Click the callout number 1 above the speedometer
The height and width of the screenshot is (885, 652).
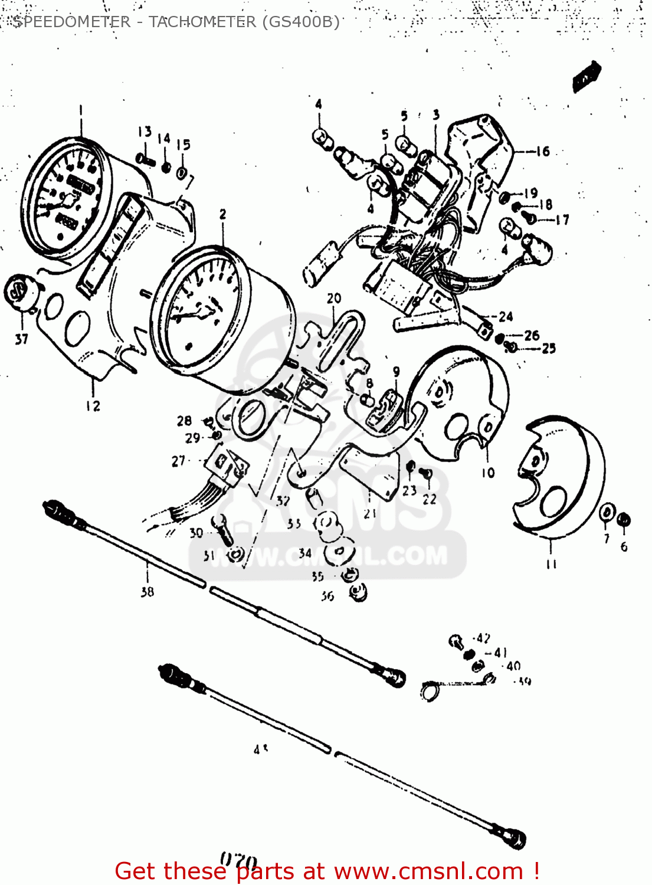pyautogui.click(x=81, y=110)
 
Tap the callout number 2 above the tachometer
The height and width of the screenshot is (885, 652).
pyautogui.click(x=222, y=215)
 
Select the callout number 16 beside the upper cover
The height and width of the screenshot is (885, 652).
pyautogui.click(x=543, y=152)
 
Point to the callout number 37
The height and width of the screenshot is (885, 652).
pyautogui.click(x=22, y=339)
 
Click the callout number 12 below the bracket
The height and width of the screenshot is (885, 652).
pyautogui.click(x=93, y=406)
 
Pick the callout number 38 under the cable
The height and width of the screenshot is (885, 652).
pyautogui.click(x=148, y=591)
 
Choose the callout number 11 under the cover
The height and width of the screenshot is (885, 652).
pyautogui.click(x=551, y=564)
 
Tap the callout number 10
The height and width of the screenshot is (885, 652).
pyautogui.click(x=488, y=473)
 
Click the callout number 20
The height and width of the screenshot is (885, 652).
pyautogui.click(x=334, y=299)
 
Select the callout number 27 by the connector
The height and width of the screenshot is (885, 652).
pyautogui.click(x=178, y=461)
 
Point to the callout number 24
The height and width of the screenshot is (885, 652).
pyautogui.click(x=506, y=317)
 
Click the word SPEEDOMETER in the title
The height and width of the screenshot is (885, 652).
pyautogui.click(x=71, y=22)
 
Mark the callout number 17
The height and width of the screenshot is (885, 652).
pyautogui.click(x=562, y=220)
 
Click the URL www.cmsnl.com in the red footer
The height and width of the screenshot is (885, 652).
pyautogui.click(x=429, y=871)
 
